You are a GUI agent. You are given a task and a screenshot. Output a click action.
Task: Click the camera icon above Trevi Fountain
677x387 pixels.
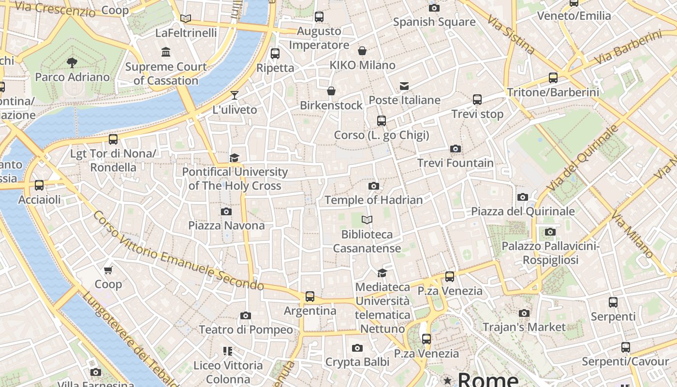click(x=455, y=149)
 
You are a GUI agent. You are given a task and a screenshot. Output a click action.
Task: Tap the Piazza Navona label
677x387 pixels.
click(x=226, y=225)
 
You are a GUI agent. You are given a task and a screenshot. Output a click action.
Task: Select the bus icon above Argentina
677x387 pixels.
click(x=309, y=296)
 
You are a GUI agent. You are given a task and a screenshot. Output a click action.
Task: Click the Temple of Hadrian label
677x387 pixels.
click(x=373, y=200)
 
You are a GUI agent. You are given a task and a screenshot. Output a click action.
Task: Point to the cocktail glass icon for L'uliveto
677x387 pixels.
click(x=235, y=95)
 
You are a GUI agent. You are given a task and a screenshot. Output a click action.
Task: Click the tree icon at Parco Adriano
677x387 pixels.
click(x=72, y=62)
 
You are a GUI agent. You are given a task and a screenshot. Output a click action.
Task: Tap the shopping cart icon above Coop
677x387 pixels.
click(x=108, y=270)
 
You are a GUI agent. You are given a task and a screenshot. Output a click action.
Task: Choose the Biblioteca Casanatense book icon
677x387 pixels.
click(x=367, y=220)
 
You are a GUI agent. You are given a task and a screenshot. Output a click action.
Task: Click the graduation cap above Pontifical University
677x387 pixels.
click(x=235, y=158)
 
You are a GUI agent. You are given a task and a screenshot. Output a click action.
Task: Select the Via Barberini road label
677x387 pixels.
click(x=628, y=48)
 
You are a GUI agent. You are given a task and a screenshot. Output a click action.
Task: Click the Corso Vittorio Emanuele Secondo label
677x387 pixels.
click(x=178, y=251)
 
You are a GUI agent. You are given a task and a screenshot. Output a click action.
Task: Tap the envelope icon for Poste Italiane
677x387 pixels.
click(x=404, y=86)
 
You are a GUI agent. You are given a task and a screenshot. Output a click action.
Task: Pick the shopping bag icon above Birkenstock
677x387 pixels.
click(x=331, y=91)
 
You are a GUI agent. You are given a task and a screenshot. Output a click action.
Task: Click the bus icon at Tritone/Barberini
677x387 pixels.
click(x=553, y=78)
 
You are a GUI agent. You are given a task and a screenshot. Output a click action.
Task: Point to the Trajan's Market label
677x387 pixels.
click(x=524, y=327)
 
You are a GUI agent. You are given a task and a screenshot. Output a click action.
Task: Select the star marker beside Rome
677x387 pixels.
click(x=448, y=380)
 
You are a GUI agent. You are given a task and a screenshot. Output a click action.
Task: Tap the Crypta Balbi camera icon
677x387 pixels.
click(x=357, y=348)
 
